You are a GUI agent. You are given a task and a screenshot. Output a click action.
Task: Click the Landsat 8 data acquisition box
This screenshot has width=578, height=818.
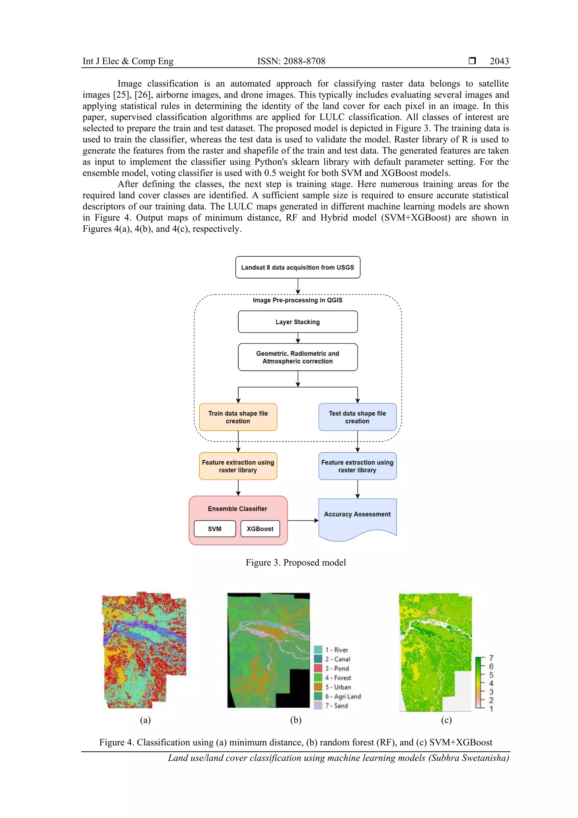pyautogui.click(x=297, y=267)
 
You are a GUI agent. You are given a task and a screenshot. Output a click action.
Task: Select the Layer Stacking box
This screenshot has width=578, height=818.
pyautogui.click(x=297, y=322)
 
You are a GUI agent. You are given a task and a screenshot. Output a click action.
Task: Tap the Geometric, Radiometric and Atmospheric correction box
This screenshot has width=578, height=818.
pyautogui.click(x=297, y=357)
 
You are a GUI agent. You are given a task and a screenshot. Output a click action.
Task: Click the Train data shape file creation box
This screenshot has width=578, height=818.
pyautogui.click(x=238, y=417)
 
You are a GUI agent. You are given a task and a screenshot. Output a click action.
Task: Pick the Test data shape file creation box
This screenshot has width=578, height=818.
pyautogui.click(x=357, y=417)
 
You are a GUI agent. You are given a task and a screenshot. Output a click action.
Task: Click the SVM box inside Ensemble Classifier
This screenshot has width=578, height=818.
pyautogui.click(x=214, y=529)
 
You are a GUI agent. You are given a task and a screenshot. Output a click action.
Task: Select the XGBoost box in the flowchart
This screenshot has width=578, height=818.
pyautogui.click(x=260, y=529)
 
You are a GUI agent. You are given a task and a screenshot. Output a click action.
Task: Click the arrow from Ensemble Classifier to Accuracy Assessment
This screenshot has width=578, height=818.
pyautogui.click(x=303, y=520)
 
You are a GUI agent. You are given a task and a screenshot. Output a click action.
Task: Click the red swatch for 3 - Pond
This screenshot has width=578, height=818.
pyautogui.click(x=318, y=668)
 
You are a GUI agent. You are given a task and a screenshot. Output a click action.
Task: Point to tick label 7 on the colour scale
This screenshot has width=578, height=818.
pyautogui.click(x=491, y=658)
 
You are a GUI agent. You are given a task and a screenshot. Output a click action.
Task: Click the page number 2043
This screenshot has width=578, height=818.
pyautogui.click(x=499, y=61)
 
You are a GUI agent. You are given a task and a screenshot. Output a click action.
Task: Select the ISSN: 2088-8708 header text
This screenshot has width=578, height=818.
pyautogui.click(x=291, y=61)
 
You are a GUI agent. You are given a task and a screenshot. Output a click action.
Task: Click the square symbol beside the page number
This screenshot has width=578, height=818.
pyautogui.click(x=472, y=60)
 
